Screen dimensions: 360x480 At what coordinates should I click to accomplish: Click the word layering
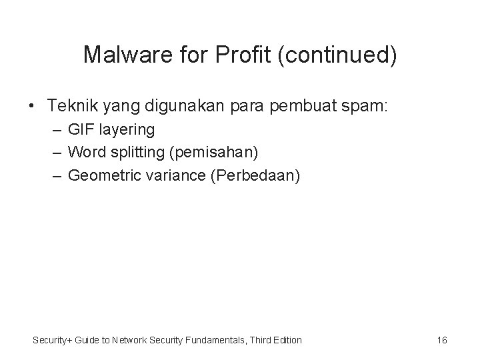(125, 129)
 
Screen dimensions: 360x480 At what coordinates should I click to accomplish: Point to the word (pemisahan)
(214, 152)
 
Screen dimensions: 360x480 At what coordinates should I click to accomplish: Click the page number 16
(442, 341)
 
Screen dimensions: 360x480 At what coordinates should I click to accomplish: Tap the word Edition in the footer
(287, 341)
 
